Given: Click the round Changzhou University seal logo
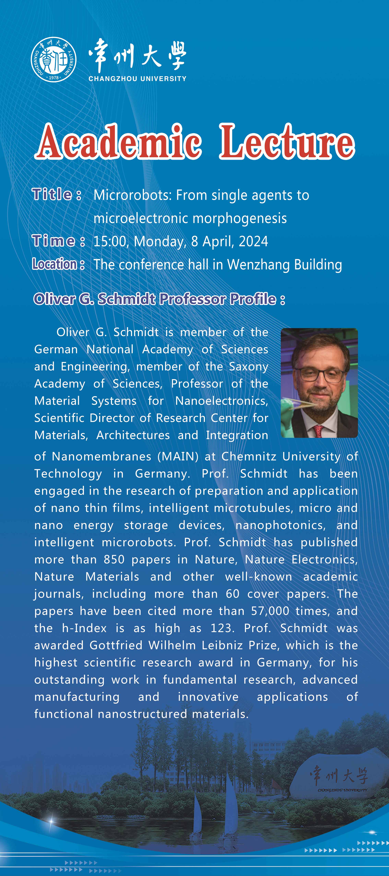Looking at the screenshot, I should pyautogui.click(x=54, y=60).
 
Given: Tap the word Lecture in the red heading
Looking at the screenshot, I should pyautogui.click(x=287, y=142).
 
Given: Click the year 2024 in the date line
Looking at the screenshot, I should pyautogui.click(x=253, y=241).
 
